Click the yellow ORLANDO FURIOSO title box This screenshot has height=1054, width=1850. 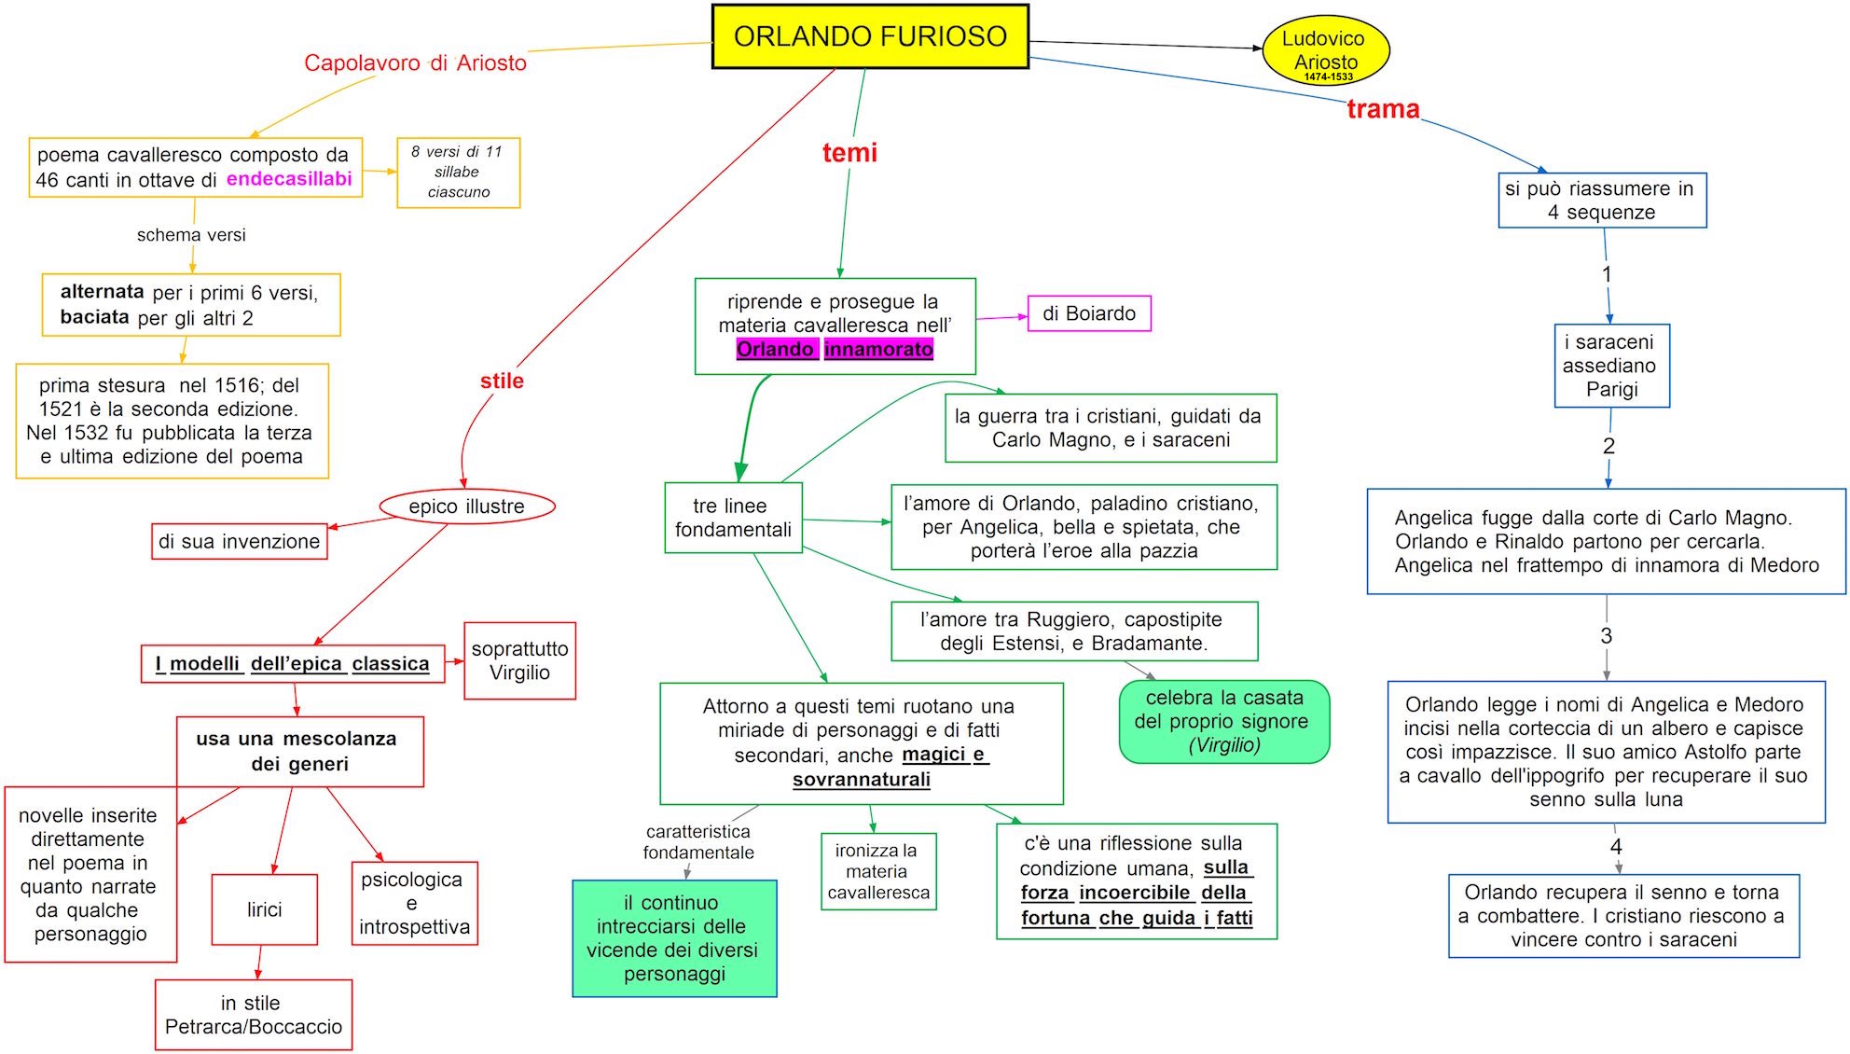870,36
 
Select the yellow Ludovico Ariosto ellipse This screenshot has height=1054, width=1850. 1325,52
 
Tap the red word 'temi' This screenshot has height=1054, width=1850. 849,152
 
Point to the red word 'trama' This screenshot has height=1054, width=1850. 1383,109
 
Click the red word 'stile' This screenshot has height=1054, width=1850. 502,381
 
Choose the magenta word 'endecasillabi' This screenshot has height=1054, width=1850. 289,179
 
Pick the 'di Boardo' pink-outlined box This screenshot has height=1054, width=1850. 1089,313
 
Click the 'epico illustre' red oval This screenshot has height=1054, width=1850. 466,506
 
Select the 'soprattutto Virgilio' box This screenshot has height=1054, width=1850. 519,660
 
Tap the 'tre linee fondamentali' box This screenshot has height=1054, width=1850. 733,518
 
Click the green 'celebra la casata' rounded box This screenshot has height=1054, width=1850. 1223,721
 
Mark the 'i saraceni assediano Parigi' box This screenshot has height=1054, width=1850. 1610,366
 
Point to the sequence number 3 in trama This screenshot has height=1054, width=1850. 1606,636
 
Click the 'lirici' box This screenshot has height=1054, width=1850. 264,909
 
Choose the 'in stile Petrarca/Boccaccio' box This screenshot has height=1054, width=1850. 253,1015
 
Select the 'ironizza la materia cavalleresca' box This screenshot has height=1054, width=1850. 877,871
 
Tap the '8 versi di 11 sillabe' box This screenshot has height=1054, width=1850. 458,173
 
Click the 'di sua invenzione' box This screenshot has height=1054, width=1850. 239,541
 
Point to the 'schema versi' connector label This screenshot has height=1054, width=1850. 191,235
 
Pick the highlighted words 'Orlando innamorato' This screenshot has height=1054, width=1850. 835,349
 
